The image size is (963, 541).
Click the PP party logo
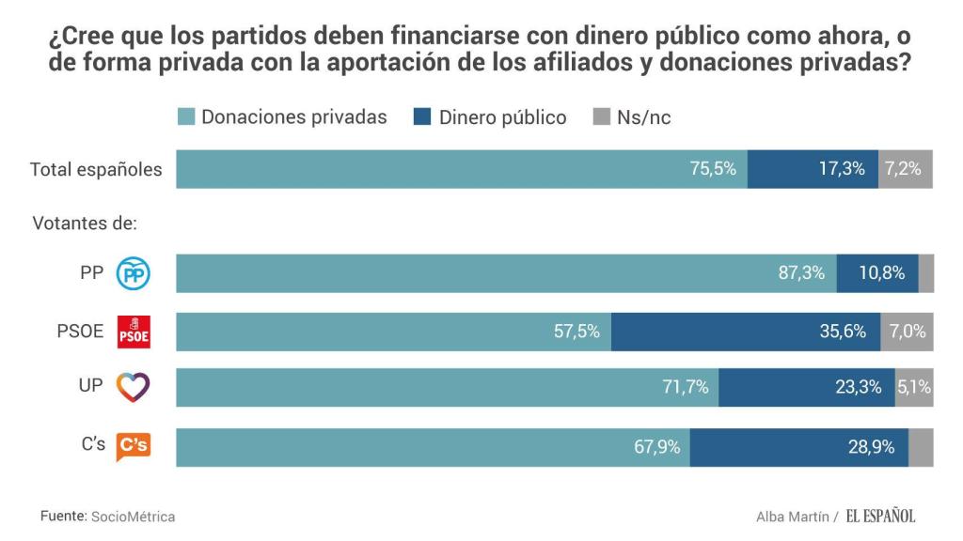pyautogui.click(x=133, y=273)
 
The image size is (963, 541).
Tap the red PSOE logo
pyautogui.click(x=133, y=332)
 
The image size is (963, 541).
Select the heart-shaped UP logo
pyautogui.click(x=133, y=387)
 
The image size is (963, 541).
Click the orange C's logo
pyautogui.click(x=133, y=446)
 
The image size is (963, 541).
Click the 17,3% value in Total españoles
pyautogui.click(x=842, y=169)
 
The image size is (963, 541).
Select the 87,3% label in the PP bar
pyautogui.click(x=801, y=273)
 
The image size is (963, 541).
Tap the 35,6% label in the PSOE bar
pyautogui.click(x=843, y=332)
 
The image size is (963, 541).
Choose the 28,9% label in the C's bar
pyautogui.click(x=871, y=447)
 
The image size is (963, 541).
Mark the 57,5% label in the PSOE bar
pyautogui.click(x=576, y=332)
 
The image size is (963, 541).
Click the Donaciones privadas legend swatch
pyautogui.click(x=186, y=117)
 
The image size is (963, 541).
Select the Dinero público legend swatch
pyautogui.click(x=422, y=117)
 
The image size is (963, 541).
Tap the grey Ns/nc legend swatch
pyautogui.click(x=601, y=117)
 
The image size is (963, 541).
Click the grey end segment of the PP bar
pyautogui.click(x=925, y=273)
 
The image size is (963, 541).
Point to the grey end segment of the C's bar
pyautogui.click(x=921, y=447)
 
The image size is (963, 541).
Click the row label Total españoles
pyautogui.click(x=96, y=170)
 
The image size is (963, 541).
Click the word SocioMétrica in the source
pyautogui.click(x=133, y=517)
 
